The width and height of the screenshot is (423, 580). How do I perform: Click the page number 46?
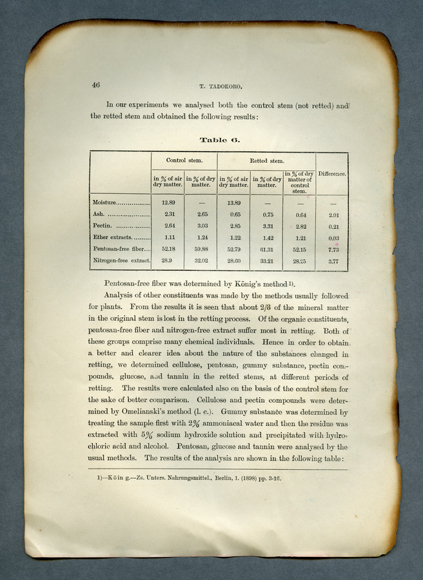[95, 84]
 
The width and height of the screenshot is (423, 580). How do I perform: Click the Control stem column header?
[184, 160]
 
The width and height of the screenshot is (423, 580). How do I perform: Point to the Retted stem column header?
[266, 160]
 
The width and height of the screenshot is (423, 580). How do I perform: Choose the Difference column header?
[333, 174]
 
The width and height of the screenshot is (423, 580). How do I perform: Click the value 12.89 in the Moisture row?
[168, 203]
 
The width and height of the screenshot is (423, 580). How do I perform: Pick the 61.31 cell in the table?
[266, 249]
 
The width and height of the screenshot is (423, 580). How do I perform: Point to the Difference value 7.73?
[333, 249]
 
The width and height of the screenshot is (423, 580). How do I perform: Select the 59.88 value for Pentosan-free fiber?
[201, 249]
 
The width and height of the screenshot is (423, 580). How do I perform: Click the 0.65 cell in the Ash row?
[235, 215]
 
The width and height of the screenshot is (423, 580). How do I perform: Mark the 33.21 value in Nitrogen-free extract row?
[266, 261]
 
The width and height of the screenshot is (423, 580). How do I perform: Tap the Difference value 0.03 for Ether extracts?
[333, 238]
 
